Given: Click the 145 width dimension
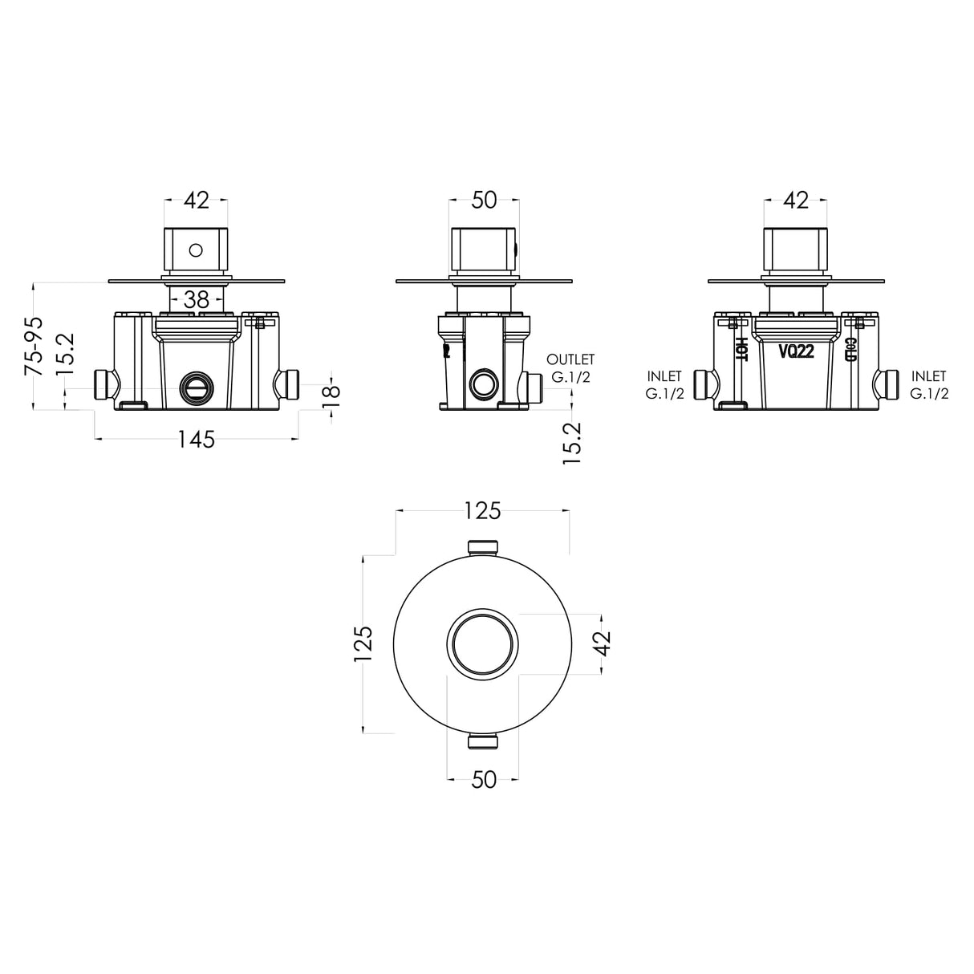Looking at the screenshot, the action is (196, 439).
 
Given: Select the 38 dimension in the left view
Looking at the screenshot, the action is (196, 300).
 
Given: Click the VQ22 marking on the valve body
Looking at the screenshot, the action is (796, 351).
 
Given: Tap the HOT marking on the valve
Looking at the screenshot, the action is (741, 349).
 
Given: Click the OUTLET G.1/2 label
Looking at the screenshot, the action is (570, 368).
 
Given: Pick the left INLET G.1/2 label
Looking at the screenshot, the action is (664, 384).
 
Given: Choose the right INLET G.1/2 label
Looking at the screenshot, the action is (929, 384).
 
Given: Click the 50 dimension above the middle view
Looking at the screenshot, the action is (484, 201).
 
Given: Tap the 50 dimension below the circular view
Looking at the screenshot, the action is (484, 780).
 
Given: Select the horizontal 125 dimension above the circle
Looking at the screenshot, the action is (482, 510).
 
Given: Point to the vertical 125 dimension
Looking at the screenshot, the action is (363, 643).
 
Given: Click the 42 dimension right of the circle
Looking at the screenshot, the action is (603, 643).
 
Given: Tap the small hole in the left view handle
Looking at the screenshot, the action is (196, 250).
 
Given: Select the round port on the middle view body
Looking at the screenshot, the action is (483, 385).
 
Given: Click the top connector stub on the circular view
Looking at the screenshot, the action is (483, 547).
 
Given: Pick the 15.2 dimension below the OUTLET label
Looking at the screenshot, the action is (572, 444).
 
